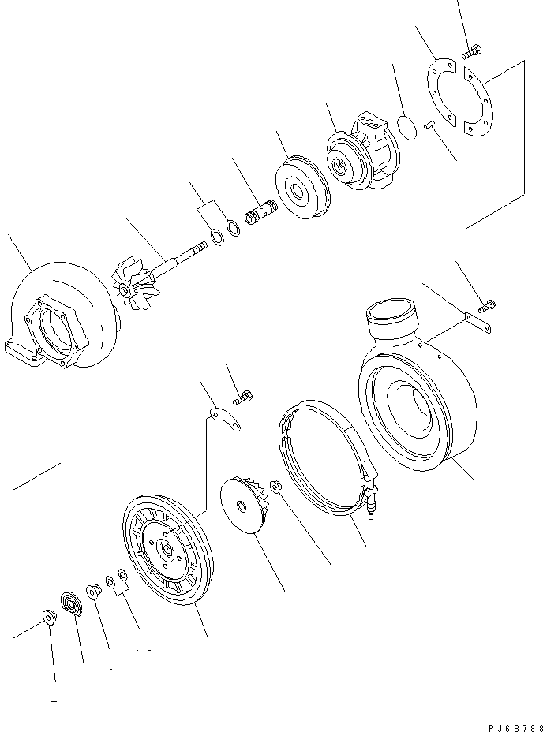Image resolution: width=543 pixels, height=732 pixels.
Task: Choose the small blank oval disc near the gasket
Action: (x=408, y=127)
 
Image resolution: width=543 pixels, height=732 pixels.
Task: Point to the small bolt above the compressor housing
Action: (x=488, y=304)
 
